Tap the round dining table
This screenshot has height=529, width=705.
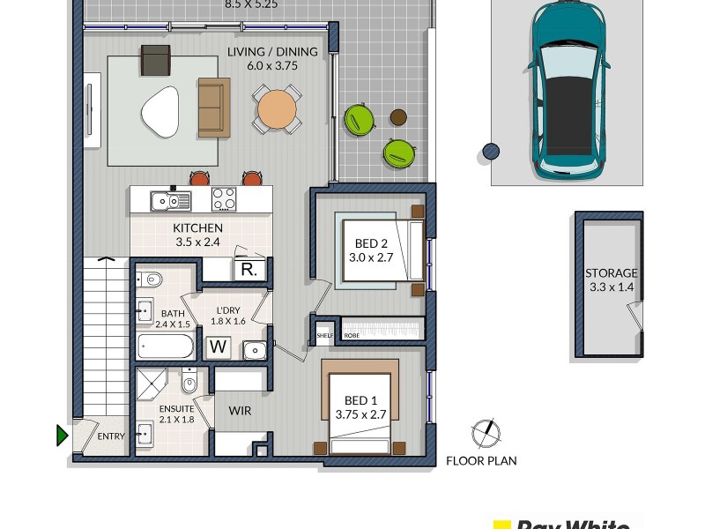coord(277,109)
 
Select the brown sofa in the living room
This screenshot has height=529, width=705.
coord(213,108)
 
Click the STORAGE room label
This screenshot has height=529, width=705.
coord(611,273)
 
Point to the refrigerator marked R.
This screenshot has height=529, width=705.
coord(248,271)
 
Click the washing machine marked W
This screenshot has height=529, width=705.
coord(218,348)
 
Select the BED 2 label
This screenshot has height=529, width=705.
coord(371,243)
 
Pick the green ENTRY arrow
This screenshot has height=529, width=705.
coord(62,435)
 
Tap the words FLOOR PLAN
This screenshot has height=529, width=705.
coord(481,460)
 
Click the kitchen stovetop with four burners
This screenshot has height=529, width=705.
coord(224,199)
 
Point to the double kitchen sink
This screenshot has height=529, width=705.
coord(170,200)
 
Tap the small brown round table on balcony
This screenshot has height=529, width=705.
coord(398,117)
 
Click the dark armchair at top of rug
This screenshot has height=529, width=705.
coord(155,60)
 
